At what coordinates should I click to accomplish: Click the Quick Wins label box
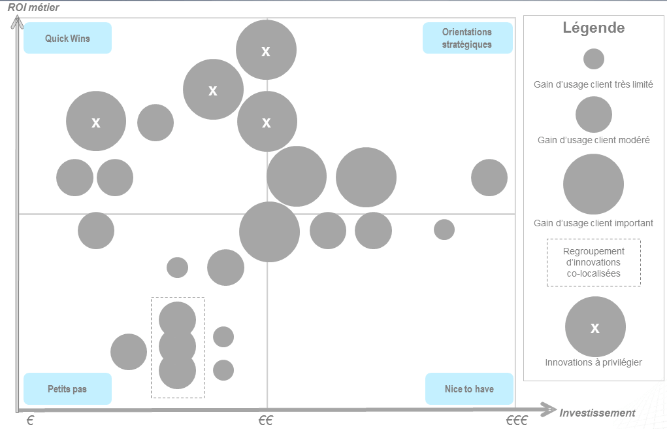pyautogui.click(x=67, y=39)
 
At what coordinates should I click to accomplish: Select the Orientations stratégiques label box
pyautogui.click(x=467, y=39)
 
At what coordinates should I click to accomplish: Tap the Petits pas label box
pyautogui.click(x=67, y=389)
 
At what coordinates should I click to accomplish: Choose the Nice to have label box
pyautogui.click(x=469, y=389)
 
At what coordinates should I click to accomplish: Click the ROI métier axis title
pyautogui.click(x=33, y=7)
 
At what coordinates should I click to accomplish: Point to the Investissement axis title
pyautogui.click(x=597, y=413)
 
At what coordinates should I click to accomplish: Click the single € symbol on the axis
pyautogui.click(x=30, y=421)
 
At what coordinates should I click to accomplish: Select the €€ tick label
pyautogui.click(x=265, y=421)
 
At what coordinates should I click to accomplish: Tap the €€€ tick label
pyautogui.click(x=516, y=421)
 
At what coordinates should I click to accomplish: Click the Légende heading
pyautogui.click(x=593, y=28)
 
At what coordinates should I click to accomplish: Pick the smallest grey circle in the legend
pyautogui.click(x=593, y=59)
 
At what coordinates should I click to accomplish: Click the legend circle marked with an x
pyautogui.click(x=594, y=327)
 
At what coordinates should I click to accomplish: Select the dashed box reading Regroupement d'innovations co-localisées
pyautogui.click(x=593, y=262)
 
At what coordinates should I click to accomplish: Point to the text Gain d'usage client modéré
pyautogui.click(x=593, y=140)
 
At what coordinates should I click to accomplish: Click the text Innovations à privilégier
pyautogui.click(x=593, y=362)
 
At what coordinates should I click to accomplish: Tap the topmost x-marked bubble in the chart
pyautogui.click(x=266, y=50)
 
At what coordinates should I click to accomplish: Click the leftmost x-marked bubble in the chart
pyautogui.click(x=96, y=121)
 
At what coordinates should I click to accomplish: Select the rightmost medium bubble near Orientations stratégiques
pyautogui.click(x=489, y=177)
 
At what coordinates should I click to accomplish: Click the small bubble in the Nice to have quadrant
pyautogui.click(x=444, y=230)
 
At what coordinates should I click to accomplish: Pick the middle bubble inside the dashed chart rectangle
pyautogui.click(x=178, y=346)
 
